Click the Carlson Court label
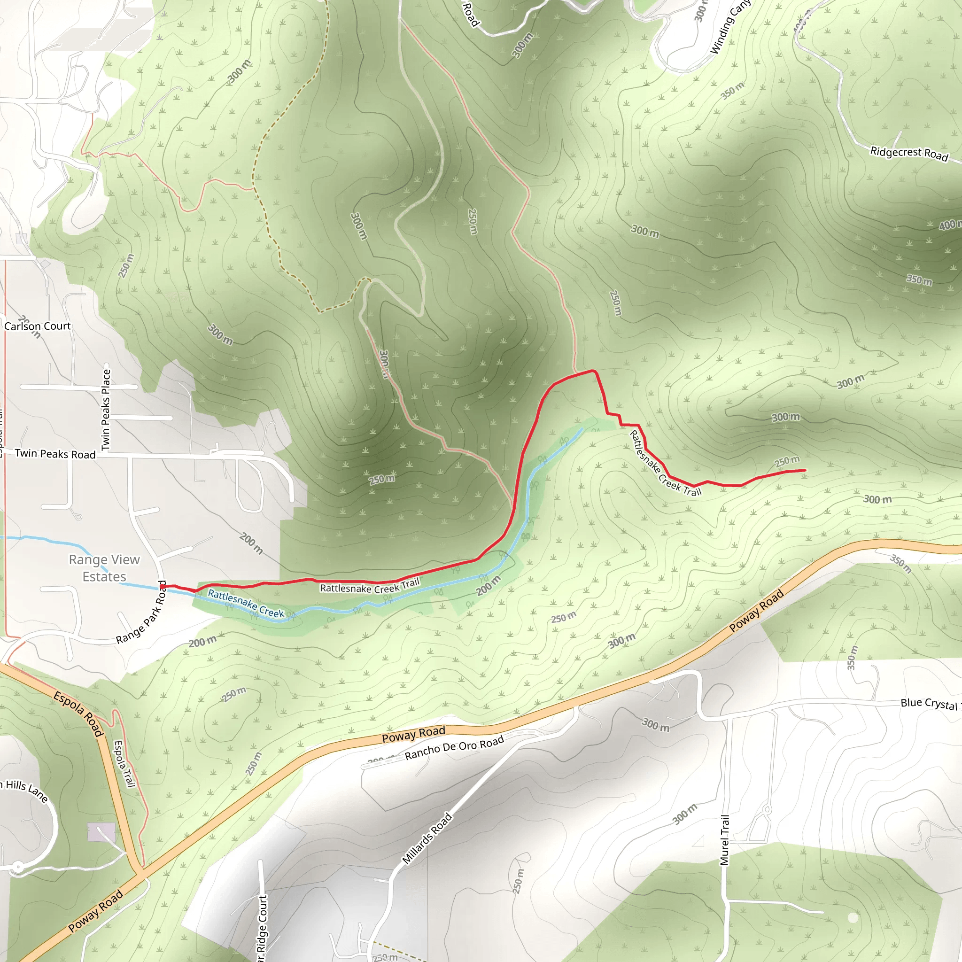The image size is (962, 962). [38, 326]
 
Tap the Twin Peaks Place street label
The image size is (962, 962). [106, 410]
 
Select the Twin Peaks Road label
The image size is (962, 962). [55, 454]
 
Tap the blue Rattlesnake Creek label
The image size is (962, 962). [246, 604]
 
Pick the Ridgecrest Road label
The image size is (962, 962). [909, 153]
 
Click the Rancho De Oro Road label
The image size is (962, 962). [454, 748]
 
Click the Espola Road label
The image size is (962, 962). [78, 714]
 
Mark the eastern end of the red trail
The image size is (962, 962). [805, 470]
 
